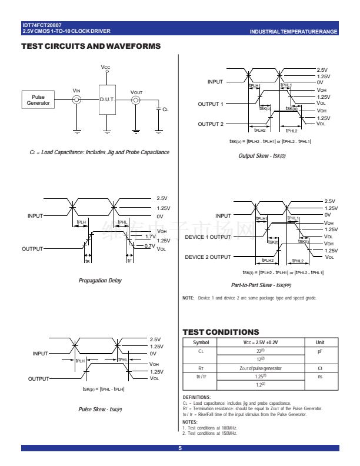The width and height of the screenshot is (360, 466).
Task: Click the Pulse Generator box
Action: coord(39,100)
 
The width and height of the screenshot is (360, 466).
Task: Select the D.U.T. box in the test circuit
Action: coord(106,100)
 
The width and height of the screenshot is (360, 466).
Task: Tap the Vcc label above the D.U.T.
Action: coord(106,68)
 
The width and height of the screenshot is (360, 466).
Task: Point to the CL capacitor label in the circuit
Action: coord(165,109)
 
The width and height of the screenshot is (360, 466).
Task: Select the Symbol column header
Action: coord(201,342)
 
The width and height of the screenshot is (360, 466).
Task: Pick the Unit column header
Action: coord(320,342)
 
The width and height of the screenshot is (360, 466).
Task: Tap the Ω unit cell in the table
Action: coord(320,368)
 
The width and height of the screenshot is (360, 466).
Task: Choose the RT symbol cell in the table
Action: coord(201,368)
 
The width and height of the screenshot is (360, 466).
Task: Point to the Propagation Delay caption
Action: coord(100,281)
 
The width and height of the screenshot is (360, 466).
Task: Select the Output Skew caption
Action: coord(271,155)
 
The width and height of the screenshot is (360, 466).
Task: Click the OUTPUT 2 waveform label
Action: coord(211,124)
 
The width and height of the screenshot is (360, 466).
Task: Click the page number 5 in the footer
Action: coord(180,450)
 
